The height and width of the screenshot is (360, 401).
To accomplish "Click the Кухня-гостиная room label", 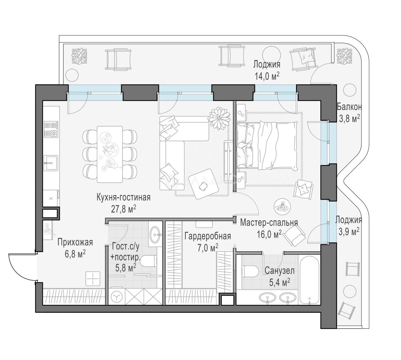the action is tap(124, 198).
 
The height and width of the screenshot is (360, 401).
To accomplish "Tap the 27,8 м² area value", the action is tap(124, 209).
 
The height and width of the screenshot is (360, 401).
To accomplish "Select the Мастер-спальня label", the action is tap(269, 223).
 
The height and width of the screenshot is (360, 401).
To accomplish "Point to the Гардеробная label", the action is tap(208, 236).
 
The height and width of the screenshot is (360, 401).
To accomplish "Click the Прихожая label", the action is tap(75, 242).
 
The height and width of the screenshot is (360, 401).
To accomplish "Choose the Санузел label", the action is tap(279, 271).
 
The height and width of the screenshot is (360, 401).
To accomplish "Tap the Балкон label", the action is tap(349, 107).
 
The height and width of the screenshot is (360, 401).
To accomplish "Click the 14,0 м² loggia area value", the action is tap(267, 76).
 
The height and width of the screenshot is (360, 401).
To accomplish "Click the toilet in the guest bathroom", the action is tap(148, 262).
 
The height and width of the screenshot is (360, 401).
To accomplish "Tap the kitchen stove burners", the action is tap(51, 129).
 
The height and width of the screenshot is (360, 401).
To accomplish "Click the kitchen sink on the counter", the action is tap(51, 163).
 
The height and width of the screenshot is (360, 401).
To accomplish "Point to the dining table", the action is tap(110, 154).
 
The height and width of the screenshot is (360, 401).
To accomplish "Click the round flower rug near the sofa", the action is tap(219, 118).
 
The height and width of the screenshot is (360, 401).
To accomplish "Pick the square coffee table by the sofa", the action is tap(203, 184).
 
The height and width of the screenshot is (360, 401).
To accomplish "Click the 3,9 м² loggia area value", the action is tap(349, 232).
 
